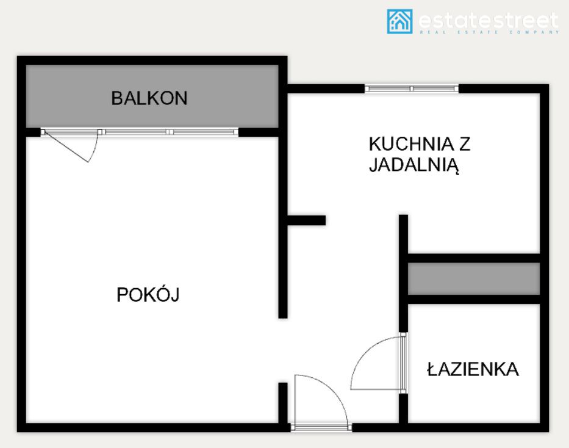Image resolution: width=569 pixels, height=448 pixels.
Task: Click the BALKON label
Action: (149, 98)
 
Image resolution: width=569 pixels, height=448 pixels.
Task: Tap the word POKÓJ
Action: (148, 295)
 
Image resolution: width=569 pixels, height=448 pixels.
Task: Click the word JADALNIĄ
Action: (413, 165)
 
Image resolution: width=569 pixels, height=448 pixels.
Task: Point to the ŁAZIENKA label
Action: (473, 369)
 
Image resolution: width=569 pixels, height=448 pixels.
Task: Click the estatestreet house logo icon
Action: (399, 21)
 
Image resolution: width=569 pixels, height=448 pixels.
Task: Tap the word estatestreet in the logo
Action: (488, 20)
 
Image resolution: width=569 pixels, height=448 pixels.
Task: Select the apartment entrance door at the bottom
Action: (321, 400)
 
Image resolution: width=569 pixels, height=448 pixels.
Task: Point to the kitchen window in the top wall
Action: (411, 89)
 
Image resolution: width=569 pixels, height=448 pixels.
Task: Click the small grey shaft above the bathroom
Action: (474, 278)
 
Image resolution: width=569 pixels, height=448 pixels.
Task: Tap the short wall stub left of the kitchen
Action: (306, 220)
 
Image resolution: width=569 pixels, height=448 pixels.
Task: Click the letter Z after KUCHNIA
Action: (465, 145)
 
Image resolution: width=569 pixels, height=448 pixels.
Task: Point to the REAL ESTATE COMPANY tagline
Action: (488, 32)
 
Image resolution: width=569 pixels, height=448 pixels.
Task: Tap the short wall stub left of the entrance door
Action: (283, 403)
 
